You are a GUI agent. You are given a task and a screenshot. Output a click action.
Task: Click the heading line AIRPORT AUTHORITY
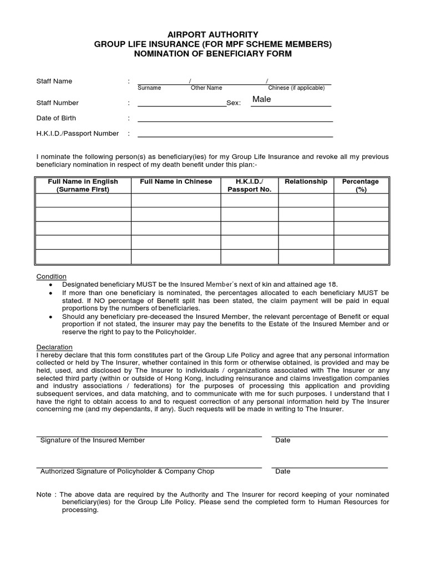point(212,34)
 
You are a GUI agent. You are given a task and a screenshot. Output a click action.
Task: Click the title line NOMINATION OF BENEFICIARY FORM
point(212,54)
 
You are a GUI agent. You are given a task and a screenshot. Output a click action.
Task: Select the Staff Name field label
point(54,82)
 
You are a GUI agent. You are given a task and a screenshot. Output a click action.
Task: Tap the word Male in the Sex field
point(261,99)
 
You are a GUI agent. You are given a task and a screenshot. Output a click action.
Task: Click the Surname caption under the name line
point(149,88)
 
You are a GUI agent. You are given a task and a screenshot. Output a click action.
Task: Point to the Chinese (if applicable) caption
point(296,88)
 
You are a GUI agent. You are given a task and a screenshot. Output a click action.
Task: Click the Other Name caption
point(206,88)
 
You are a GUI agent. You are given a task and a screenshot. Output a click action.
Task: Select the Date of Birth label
point(56,118)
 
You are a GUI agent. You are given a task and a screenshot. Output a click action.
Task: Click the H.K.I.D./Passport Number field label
point(78,134)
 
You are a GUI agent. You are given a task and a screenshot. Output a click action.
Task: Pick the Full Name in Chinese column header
point(176,182)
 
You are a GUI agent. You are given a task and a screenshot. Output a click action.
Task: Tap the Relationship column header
point(306,182)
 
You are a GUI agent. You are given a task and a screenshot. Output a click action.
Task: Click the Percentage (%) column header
point(360,185)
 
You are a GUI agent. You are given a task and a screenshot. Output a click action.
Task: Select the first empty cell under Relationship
point(306,200)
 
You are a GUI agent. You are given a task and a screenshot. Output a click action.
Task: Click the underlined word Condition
point(52,277)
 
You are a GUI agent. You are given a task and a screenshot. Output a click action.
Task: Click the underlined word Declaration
point(54,347)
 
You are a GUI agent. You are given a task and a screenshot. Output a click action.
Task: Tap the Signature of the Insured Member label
point(93,440)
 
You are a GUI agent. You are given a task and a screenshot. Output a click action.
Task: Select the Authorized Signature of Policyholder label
point(127,471)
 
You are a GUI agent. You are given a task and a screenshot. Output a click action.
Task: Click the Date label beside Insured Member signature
point(282,440)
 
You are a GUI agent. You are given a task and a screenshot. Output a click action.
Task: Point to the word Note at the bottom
point(44,494)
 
